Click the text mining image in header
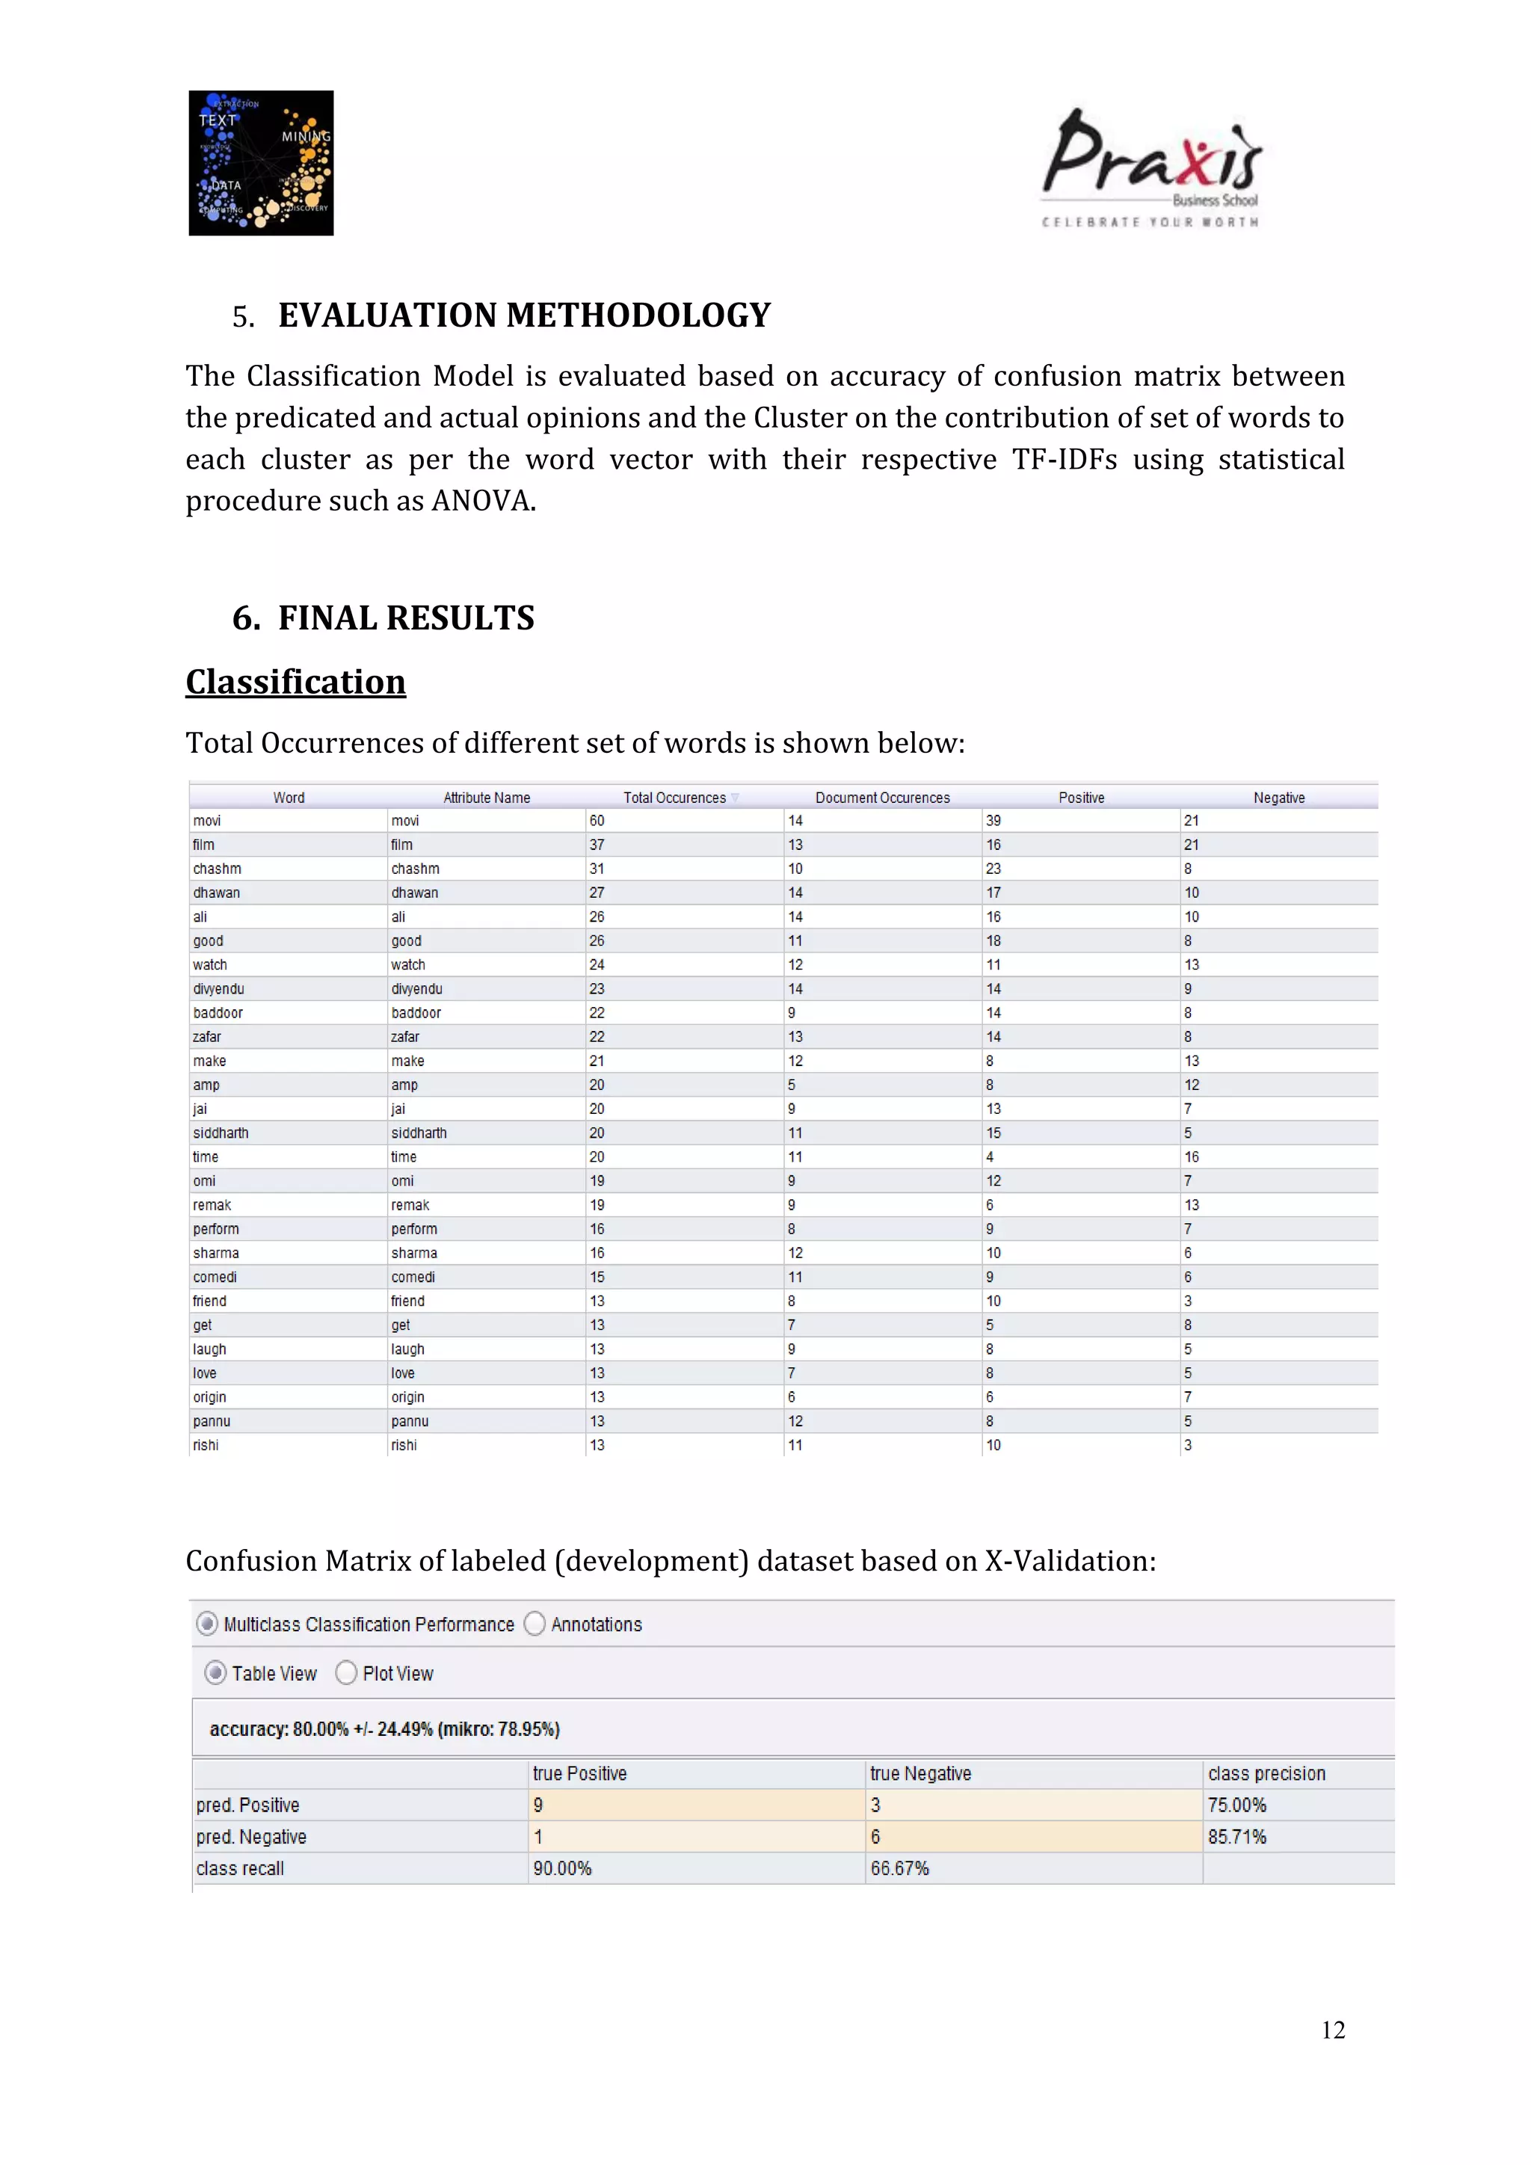[261, 163]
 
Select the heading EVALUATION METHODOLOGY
[524, 315]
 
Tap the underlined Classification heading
[295, 682]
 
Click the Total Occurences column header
[675, 798]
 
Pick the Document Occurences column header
[882, 798]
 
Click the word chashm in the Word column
[217, 869]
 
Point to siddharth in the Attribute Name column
[419, 1133]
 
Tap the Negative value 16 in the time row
[1192, 1157]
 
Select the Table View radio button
[216, 1673]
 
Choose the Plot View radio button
[347, 1673]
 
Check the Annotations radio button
[535, 1624]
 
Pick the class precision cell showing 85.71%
[1237, 1837]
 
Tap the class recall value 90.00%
[562, 1869]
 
